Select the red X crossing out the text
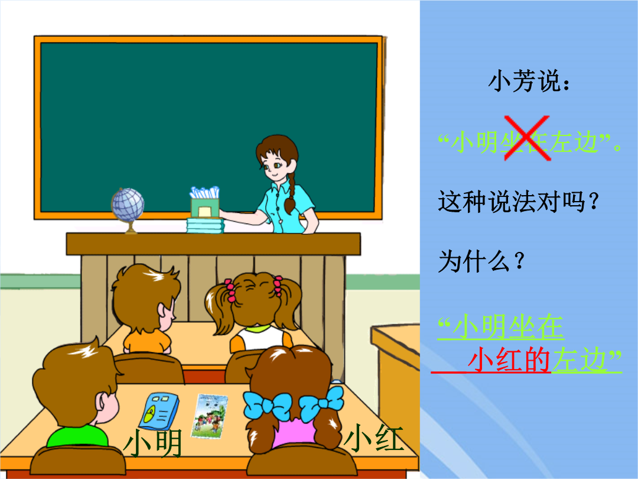click(528, 138)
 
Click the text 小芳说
click(529, 81)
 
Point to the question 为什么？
click(481, 261)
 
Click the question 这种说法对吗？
click(519, 201)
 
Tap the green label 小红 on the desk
click(374, 438)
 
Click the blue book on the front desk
click(159, 411)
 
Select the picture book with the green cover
click(210, 416)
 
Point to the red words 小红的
click(509, 360)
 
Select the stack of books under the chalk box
click(205, 226)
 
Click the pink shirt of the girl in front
click(294, 432)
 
